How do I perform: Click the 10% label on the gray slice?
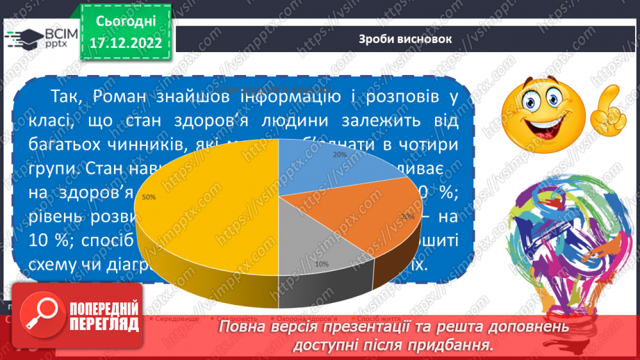[x=321, y=264]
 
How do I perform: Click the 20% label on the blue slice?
[x=340, y=154]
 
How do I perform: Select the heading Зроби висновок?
[x=404, y=39]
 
